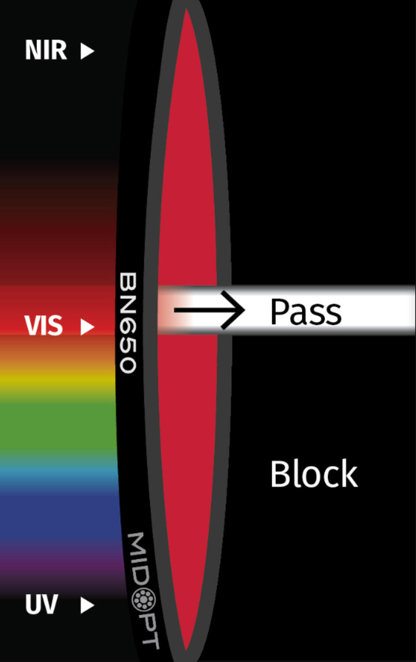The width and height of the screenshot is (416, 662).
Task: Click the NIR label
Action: tap(46, 50)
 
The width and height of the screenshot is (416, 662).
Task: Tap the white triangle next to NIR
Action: tap(87, 51)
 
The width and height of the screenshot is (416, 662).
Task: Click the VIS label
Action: tap(43, 326)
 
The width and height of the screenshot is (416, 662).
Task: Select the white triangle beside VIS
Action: tap(87, 327)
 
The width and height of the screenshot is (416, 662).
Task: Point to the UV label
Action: tap(41, 604)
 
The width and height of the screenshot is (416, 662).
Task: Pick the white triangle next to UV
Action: tap(87, 605)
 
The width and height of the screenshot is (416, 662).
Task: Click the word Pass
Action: tap(305, 312)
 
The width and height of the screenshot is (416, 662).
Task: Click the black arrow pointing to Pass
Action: tap(210, 310)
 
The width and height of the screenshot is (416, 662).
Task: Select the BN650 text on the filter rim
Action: tap(128, 323)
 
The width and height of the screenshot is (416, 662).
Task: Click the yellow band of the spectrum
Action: tap(57, 380)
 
